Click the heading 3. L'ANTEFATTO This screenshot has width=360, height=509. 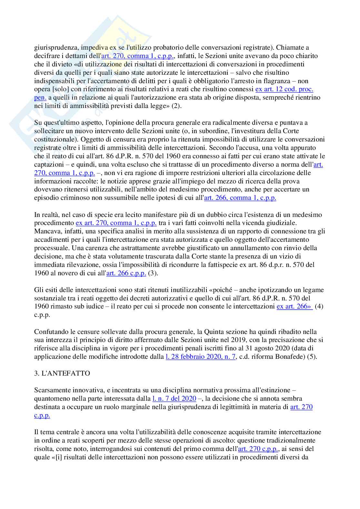(x=62, y=373)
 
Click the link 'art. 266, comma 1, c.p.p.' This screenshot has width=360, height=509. (x=240, y=198)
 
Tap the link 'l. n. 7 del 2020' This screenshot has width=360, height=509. (x=174, y=398)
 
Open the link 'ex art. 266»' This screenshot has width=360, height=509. (x=295, y=306)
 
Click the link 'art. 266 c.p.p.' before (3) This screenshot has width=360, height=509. (x=126, y=273)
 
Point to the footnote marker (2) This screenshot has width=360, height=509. (x=176, y=106)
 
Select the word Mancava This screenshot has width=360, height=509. (x=46, y=231)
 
